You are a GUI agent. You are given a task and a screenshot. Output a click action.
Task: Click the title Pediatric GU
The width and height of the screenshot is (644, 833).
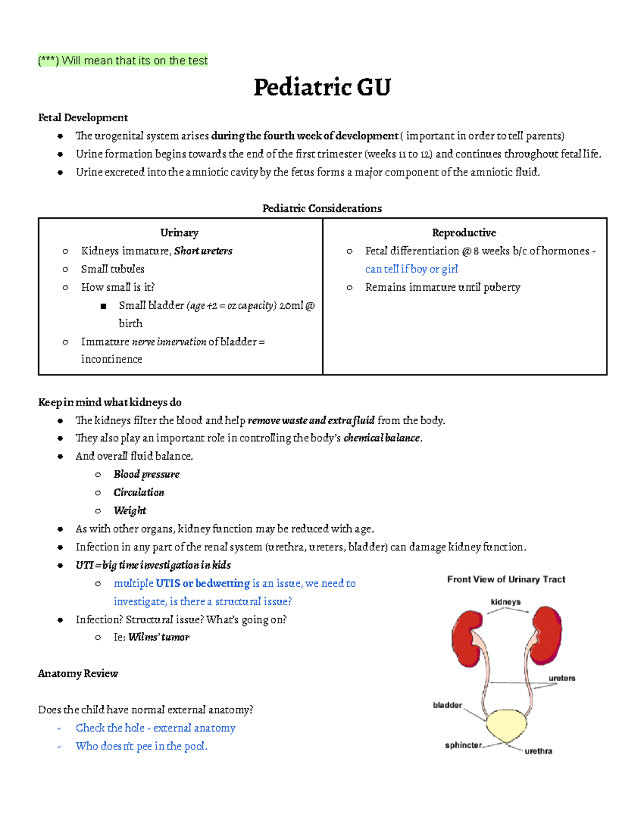tap(322, 87)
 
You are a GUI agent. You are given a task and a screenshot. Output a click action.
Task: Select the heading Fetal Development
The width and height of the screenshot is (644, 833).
tap(83, 117)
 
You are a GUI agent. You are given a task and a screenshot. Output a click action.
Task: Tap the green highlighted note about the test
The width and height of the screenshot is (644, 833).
tap(123, 61)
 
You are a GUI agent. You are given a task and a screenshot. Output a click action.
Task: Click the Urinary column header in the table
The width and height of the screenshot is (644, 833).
tap(179, 233)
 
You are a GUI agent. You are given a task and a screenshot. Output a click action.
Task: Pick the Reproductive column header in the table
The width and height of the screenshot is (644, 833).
tap(464, 233)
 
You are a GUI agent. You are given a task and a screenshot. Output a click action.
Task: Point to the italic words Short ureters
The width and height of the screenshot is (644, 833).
tap(203, 251)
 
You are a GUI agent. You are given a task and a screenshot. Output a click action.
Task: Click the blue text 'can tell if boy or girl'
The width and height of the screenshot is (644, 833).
tap(411, 269)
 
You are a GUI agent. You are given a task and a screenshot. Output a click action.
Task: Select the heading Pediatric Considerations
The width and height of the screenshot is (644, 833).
tap(322, 208)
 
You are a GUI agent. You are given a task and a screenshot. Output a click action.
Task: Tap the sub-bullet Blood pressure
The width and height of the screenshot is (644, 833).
tap(147, 474)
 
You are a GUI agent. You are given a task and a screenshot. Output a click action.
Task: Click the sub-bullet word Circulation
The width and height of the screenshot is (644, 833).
tap(139, 492)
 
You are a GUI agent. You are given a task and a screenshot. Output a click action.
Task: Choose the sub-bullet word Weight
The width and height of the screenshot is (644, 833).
tap(130, 511)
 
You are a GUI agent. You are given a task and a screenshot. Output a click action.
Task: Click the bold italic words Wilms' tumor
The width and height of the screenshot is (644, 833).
tap(159, 637)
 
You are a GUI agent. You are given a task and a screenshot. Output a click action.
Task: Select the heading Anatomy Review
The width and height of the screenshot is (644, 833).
tap(78, 674)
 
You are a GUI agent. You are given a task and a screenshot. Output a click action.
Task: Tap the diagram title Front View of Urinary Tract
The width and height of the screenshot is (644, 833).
tap(506, 579)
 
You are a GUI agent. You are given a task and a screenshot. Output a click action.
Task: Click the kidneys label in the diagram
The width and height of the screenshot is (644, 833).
tap(506, 602)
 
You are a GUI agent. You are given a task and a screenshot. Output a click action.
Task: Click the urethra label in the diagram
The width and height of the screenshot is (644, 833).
tap(538, 751)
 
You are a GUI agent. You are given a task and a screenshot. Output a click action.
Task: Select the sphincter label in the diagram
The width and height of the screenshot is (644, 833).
tap(463, 745)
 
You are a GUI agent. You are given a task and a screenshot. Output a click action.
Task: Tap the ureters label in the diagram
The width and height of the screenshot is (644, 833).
tap(561, 678)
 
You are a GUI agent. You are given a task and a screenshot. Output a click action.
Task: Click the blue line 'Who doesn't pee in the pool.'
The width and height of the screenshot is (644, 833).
tap(141, 746)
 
